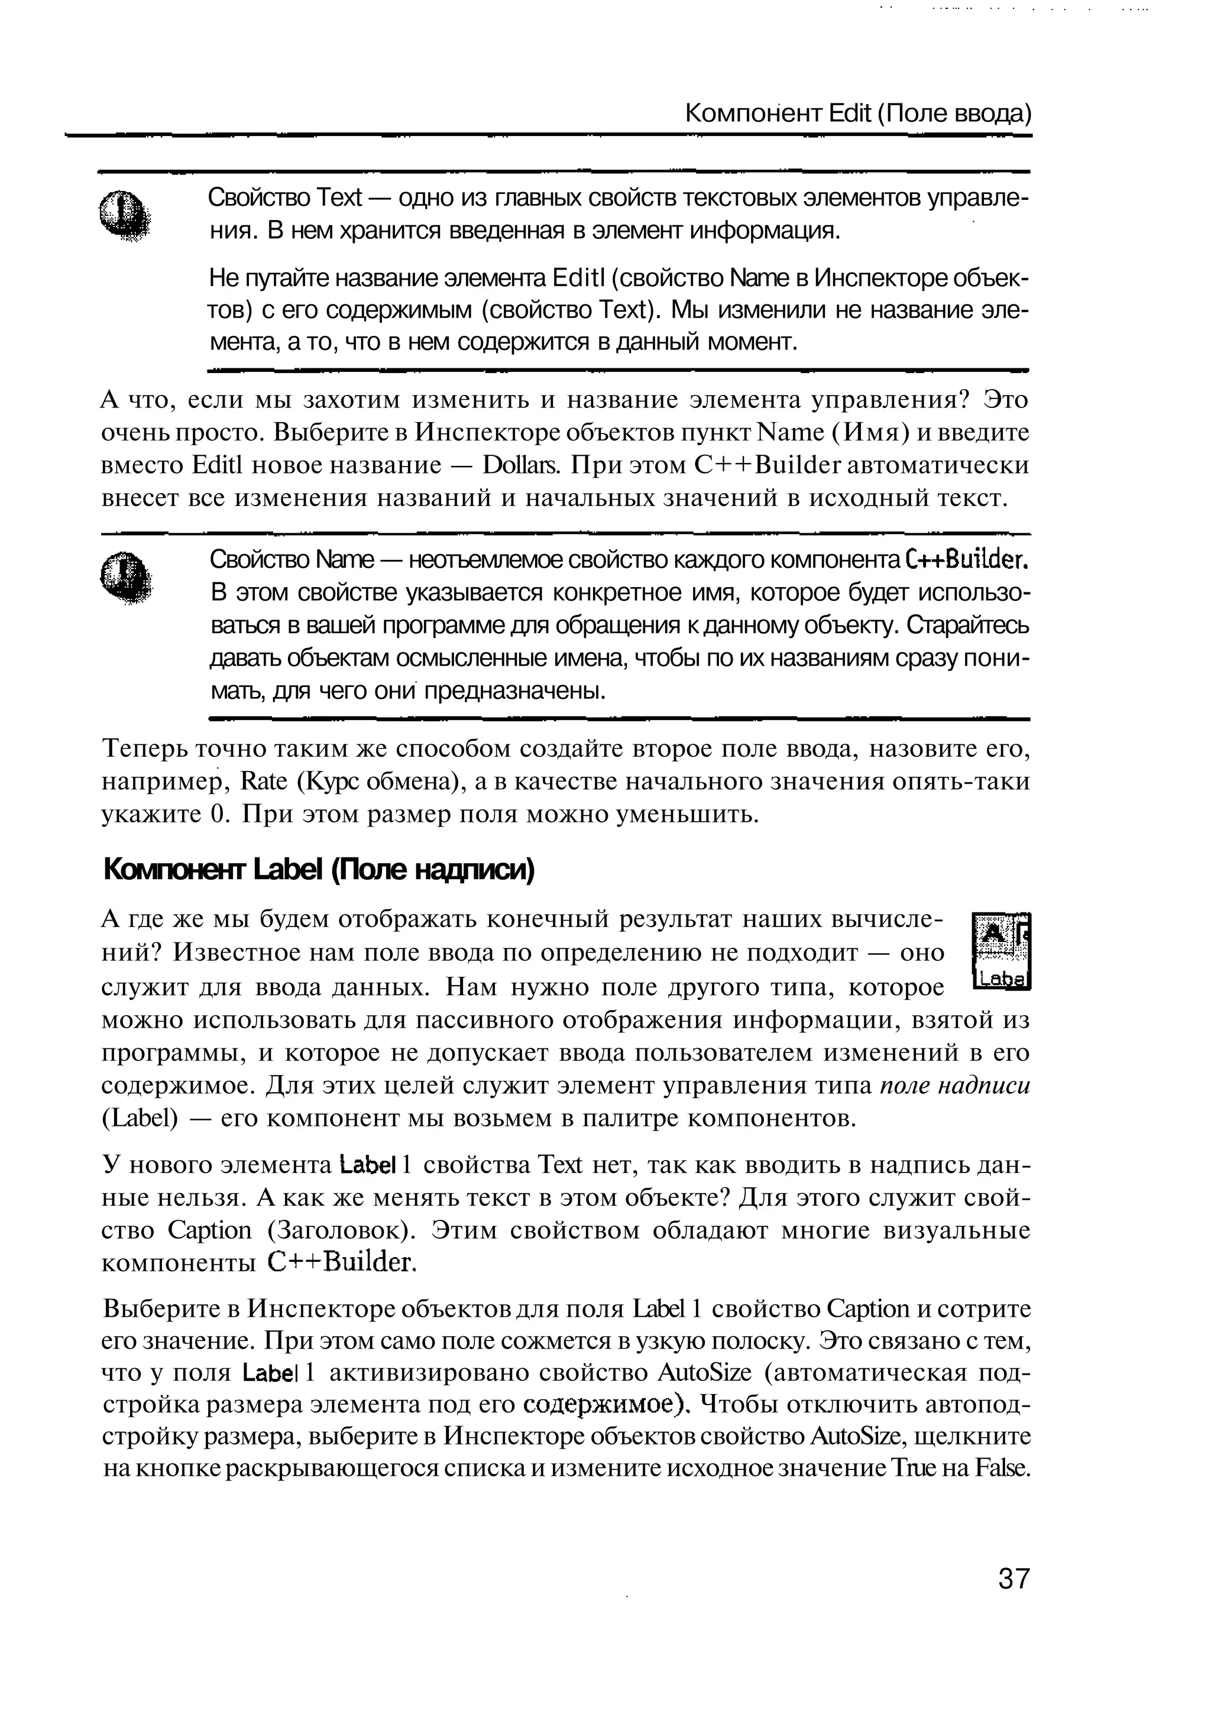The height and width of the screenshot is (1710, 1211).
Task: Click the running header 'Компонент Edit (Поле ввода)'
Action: click(x=857, y=114)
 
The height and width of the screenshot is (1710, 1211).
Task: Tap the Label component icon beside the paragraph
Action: click(x=1002, y=953)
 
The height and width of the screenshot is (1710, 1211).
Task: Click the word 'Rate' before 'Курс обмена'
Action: click(x=265, y=782)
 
